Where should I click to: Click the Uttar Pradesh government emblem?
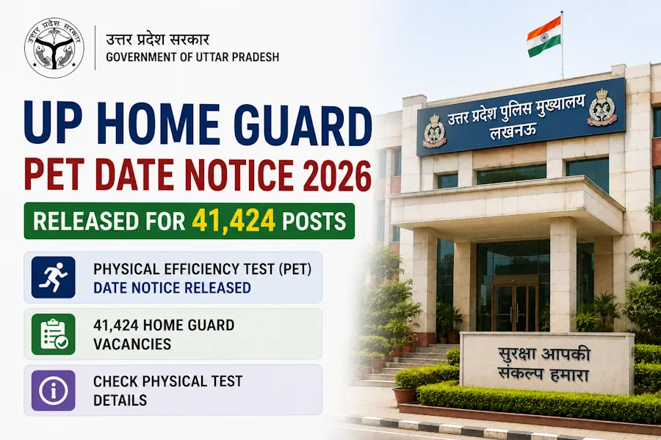point(54,48)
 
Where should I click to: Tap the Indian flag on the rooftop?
point(543,37)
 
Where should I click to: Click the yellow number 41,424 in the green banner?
point(234,221)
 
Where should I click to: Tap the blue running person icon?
point(53,277)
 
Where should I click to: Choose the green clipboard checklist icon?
point(53,334)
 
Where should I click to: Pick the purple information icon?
point(53,390)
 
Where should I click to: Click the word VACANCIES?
point(132,344)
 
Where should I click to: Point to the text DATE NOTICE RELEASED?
point(172,287)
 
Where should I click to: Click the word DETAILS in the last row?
point(120,400)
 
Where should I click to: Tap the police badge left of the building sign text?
point(434,131)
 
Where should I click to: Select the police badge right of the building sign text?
point(602,107)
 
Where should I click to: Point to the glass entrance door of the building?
point(515,308)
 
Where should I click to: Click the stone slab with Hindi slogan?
point(546,363)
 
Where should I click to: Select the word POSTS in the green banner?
point(314,221)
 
